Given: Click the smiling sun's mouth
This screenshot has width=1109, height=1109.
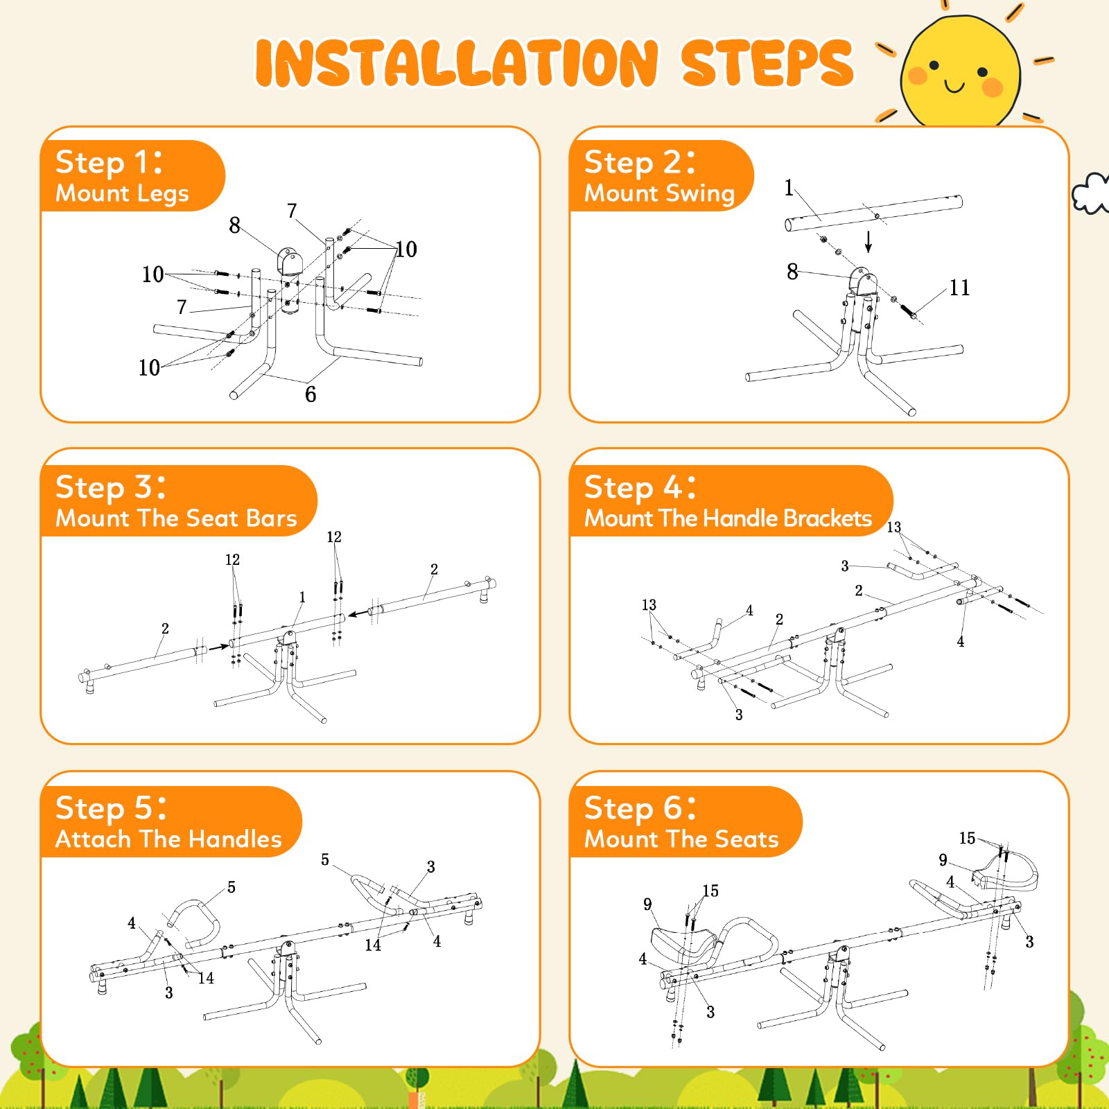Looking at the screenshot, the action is click(x=954, y=87).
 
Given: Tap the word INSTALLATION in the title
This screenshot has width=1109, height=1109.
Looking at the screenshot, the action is click(x=457, y=63).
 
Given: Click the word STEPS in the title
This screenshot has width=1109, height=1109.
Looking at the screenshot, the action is click(x=767, y=63).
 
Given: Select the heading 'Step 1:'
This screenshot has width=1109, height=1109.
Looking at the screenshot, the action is click(x=109, y=162).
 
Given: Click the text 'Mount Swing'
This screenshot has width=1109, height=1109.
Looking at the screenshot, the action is click(x=659, y=193).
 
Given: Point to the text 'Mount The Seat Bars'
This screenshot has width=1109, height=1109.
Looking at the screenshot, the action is click(x=176, y=518).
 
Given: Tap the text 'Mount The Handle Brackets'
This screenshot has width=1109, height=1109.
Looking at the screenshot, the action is click(x=728, y=518).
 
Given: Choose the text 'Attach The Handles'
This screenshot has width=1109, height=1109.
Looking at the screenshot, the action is click(x=168, y=839).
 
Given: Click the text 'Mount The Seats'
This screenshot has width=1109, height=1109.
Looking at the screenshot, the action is click(x=681, y=839).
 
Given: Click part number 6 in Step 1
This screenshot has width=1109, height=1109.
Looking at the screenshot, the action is click(x=311, y=394).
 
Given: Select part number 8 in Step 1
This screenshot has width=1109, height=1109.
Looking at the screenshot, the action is click(x=235, y=225).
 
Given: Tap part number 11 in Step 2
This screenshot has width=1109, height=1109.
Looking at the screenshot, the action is click(x=959, y=288).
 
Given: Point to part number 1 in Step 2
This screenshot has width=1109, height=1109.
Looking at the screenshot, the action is click(x=789, y=188).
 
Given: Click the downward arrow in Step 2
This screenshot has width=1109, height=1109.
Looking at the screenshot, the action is click(x=868, y=241).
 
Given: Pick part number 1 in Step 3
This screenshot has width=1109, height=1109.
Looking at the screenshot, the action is click(x=302, y=597).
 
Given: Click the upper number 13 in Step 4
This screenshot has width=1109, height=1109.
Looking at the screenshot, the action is click(x=894, y=527).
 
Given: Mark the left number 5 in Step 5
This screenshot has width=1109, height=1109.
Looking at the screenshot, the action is click(x=232, y=887).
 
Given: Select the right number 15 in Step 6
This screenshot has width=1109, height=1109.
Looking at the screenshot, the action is click(x=967, y=838).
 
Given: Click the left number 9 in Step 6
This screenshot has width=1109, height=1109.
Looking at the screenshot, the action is click(x=647, y=904).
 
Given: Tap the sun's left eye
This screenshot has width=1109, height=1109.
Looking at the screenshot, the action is click(x=934, y=65).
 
